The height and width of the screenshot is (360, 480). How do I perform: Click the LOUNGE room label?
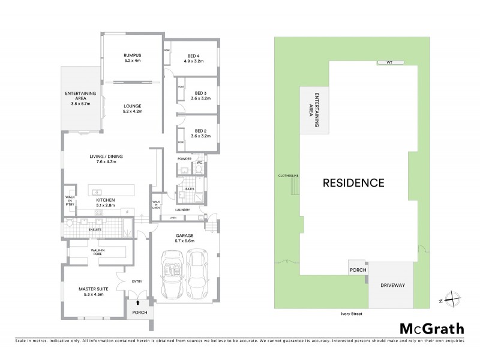pos(131,106)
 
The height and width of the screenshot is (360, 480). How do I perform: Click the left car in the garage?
pos(170,273)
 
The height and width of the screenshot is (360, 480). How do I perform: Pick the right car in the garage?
pos(198,273)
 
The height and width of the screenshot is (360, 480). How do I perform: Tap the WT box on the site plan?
pos(389,62)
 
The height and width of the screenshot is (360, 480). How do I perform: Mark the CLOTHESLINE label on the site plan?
pos(289,176)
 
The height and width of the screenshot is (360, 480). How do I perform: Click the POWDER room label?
pos(184,158)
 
